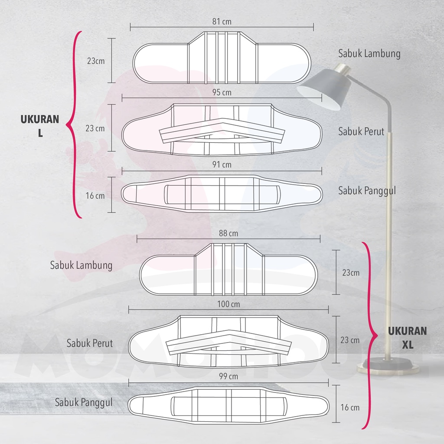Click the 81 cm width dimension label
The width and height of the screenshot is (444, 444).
coord(221,21)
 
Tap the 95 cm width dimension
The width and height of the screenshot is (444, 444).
coord(222,92)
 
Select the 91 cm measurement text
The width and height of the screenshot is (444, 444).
coord(222,164)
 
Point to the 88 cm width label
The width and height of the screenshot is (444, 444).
coord(228,233)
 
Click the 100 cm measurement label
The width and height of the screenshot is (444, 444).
coord(228,304)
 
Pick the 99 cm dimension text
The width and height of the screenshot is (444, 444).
coord(228,376)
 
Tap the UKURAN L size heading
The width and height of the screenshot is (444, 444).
coord(40,126)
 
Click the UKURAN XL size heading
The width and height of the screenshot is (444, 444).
coord(407,338)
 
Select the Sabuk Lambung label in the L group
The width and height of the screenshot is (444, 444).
coord(369,54)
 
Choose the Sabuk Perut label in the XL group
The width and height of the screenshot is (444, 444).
coord(89,343)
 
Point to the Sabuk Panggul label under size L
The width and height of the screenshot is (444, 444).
coord(367,190)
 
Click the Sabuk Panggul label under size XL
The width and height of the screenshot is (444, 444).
coord(83,402)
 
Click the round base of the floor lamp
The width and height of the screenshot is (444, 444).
coord(388,366)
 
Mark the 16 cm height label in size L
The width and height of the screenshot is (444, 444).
coord(95,196)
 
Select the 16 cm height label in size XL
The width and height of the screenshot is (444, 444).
coord(350,407)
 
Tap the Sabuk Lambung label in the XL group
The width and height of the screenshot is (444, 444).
coord(81,264)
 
